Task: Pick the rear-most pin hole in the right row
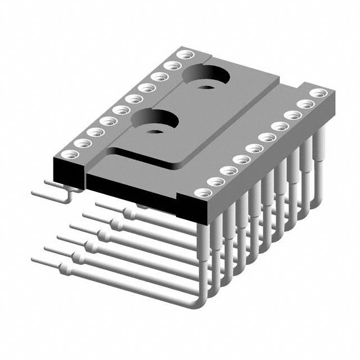(x=318, y=93)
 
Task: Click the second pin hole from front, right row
(x=214, y=182)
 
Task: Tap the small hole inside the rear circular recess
(x=205, y=87)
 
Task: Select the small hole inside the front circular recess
(x=155, y=131)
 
